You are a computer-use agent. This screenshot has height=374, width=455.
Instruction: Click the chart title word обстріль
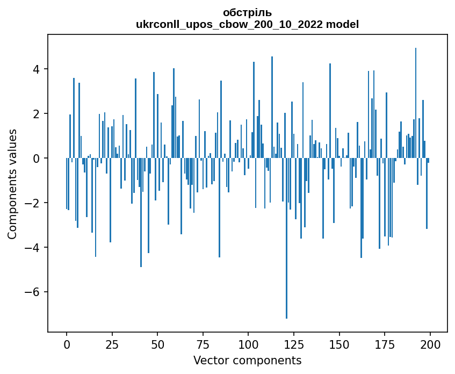click(247, 12)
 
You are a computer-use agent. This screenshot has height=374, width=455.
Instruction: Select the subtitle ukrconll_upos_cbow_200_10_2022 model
click(247, 24)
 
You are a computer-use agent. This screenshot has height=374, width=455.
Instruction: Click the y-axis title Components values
click(12, 184)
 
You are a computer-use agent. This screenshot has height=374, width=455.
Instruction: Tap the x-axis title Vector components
click(247, 360)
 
